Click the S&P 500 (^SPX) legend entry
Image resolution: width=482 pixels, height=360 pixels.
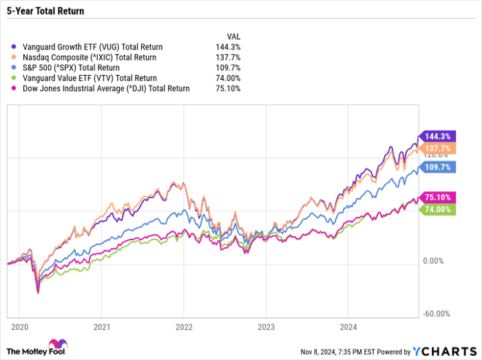coord(73,67)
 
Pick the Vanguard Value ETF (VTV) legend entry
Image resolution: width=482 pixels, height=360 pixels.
coord(83,78)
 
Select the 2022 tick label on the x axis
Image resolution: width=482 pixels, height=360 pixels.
coord(184,326)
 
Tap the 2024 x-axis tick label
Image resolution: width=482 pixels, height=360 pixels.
coord(348,326)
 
